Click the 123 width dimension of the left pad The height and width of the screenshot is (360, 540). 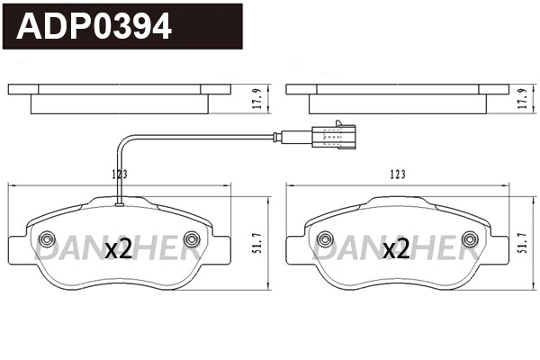(118, 174)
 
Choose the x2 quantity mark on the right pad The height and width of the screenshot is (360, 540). (396, 249)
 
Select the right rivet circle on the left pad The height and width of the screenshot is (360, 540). (191, 238)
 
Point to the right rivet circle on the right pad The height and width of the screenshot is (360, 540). (469, 238)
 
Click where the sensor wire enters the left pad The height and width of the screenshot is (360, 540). (119, 204)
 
